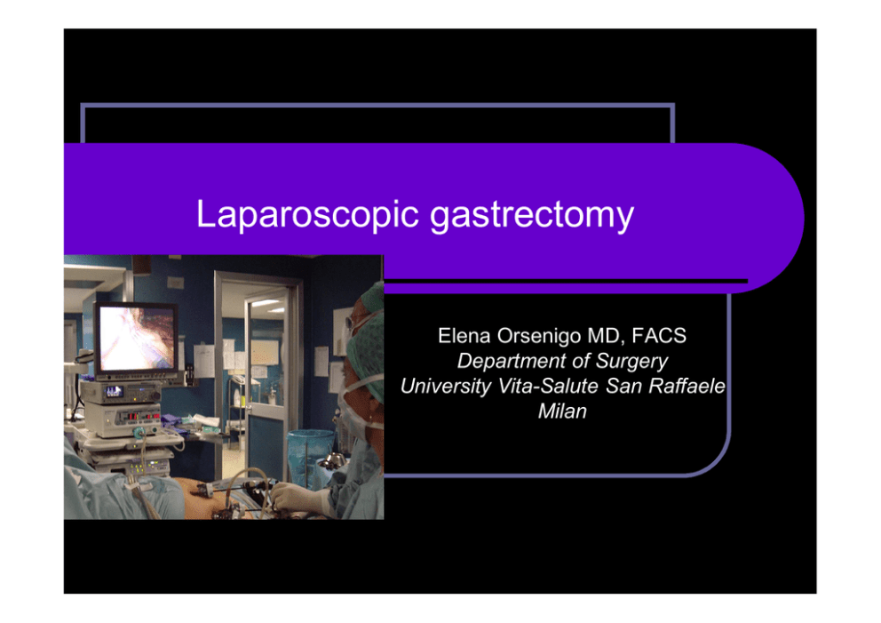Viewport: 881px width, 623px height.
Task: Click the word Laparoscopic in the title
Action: coord(307,215)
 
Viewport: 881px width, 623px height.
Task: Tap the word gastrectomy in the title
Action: coord(531,216)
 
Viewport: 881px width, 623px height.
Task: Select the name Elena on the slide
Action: coord(464,336)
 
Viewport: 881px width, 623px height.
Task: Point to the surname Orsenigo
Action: coord(539,336)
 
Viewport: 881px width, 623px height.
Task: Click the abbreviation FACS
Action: coord(659,336)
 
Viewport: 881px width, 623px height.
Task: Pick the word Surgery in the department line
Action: coord(631,362)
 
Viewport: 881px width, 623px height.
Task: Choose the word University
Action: coord(446,387)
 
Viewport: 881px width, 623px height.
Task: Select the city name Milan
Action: coord(562,411)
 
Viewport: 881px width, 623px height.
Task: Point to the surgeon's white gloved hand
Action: coord(295,498)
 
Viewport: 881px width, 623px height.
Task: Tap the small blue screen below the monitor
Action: coord(114,391)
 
